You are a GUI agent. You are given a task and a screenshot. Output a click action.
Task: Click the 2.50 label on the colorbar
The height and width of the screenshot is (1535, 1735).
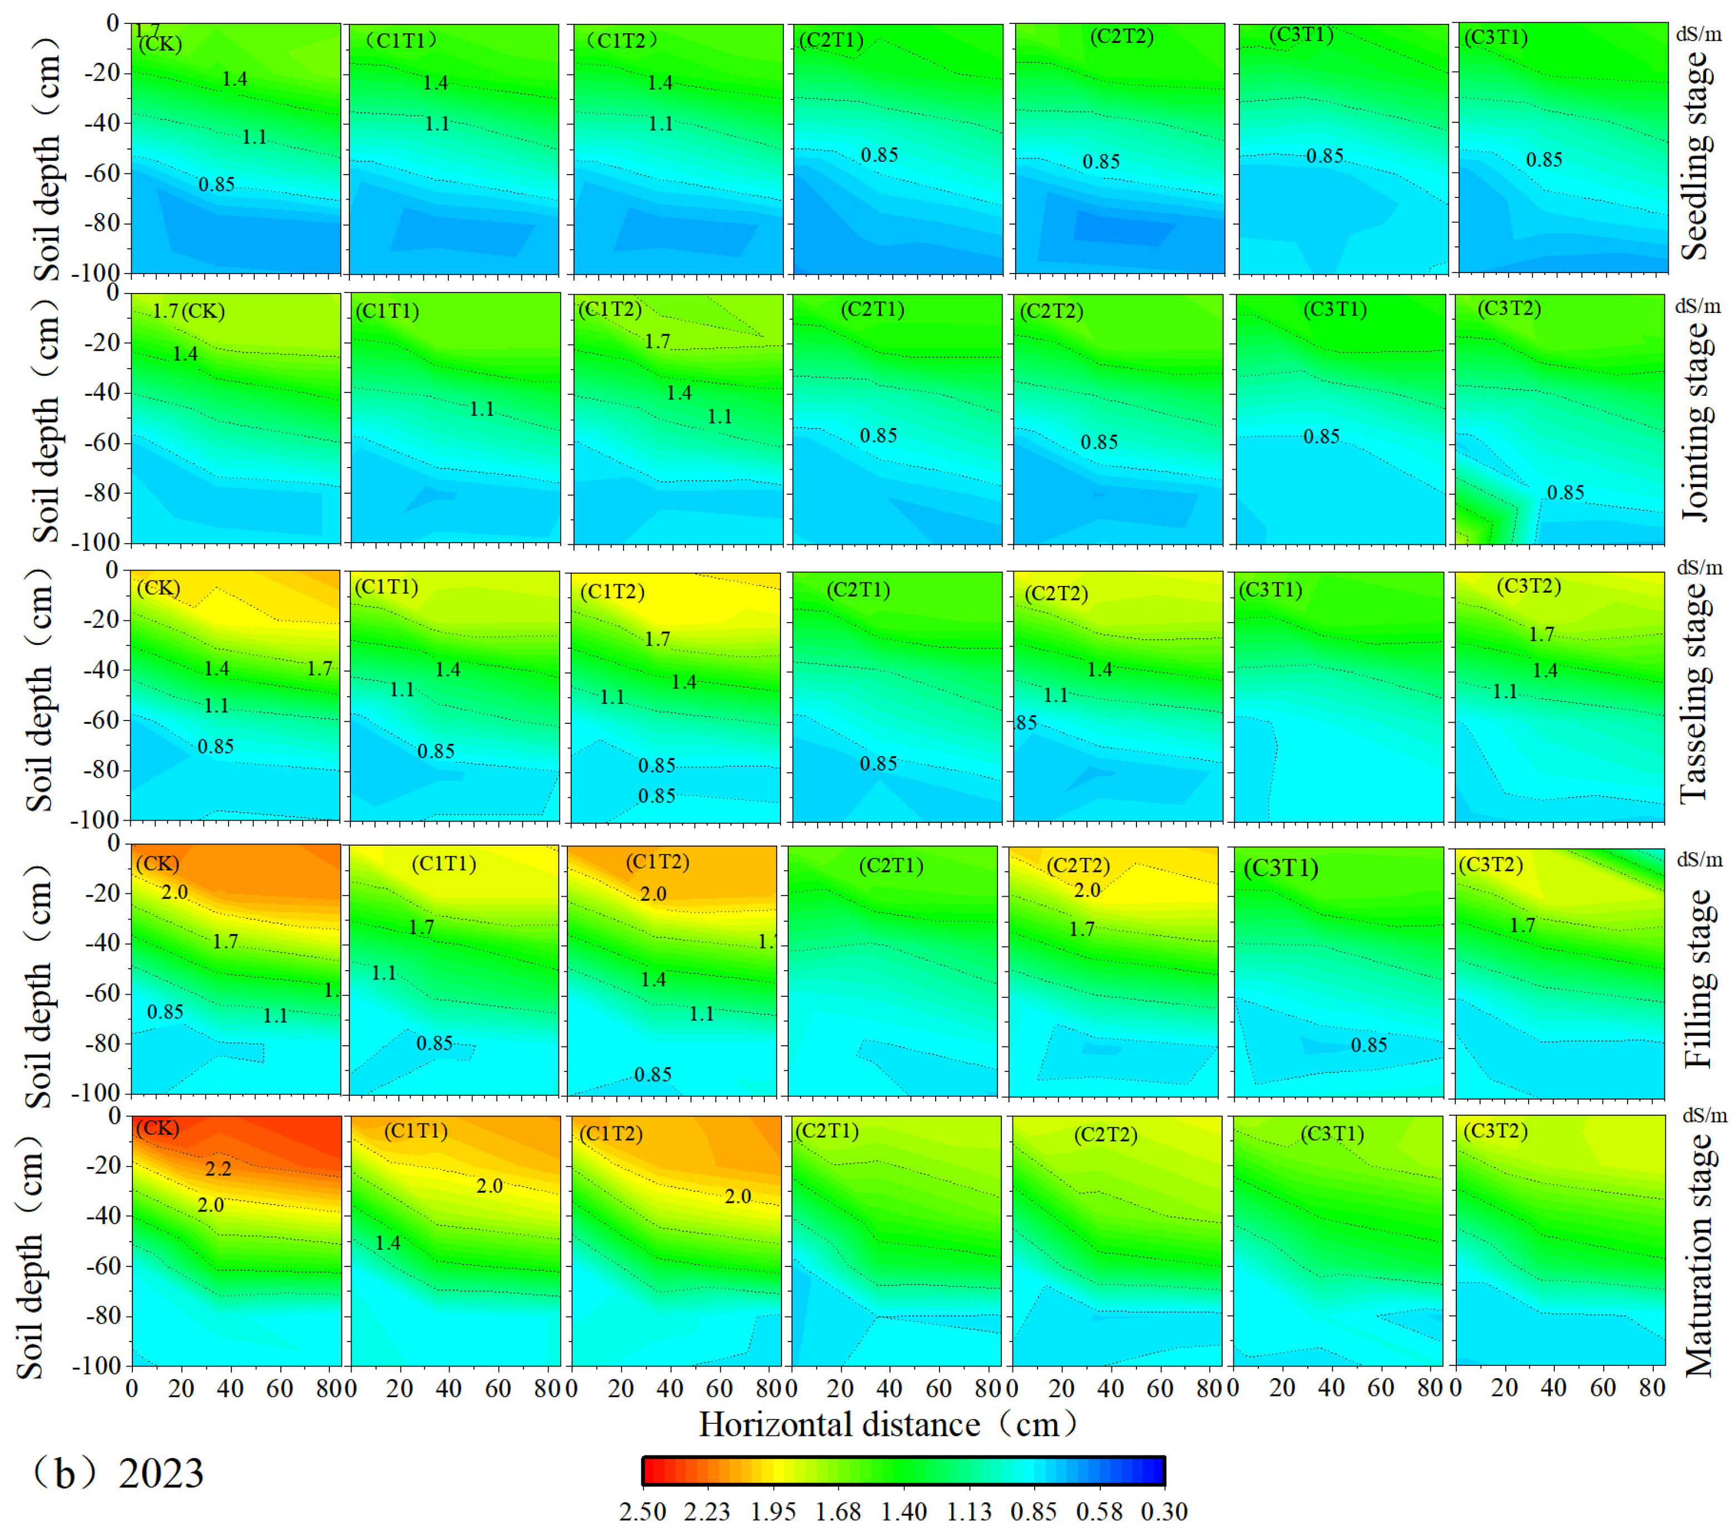click(642, 1511)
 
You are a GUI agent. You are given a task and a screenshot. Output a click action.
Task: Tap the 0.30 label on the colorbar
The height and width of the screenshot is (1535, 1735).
click(1164, 1511)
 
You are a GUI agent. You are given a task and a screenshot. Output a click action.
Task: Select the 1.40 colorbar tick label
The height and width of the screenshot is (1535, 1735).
click(903, 1511)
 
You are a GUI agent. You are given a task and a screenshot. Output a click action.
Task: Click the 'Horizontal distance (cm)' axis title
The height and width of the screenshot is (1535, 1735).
click(887, 1424)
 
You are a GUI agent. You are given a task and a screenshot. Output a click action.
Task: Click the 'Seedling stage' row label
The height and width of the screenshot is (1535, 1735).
click(1695, 155)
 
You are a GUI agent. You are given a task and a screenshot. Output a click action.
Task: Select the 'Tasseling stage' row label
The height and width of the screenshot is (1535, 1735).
click(1695, 692)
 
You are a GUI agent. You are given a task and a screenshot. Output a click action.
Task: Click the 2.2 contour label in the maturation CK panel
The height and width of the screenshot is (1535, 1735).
click(218, 1169)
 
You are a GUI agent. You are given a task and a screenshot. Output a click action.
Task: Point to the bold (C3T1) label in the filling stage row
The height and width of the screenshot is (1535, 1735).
click(1281, 868)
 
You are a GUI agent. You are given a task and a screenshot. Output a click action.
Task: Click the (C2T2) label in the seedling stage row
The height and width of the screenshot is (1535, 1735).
click(1121, 37)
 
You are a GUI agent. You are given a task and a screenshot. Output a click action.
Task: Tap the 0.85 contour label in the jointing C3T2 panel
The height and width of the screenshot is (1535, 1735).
click(1565, 492)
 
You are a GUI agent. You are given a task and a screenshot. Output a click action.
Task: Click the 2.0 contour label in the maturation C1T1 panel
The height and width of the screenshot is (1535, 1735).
click(489, 1185)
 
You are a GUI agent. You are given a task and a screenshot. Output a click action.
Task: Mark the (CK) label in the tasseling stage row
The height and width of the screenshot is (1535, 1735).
click(158, 587)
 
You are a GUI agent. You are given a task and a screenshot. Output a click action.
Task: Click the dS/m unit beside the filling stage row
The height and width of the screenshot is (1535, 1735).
click(1699, 860)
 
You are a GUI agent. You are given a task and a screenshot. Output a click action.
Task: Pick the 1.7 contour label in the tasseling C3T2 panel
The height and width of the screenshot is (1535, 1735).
click(1541, 634)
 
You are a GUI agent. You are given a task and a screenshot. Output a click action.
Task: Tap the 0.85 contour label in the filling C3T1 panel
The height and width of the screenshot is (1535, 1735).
click(1369, 1045)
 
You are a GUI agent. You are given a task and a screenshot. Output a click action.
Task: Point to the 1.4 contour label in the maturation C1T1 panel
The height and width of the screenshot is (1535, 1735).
click(388, 1243)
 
